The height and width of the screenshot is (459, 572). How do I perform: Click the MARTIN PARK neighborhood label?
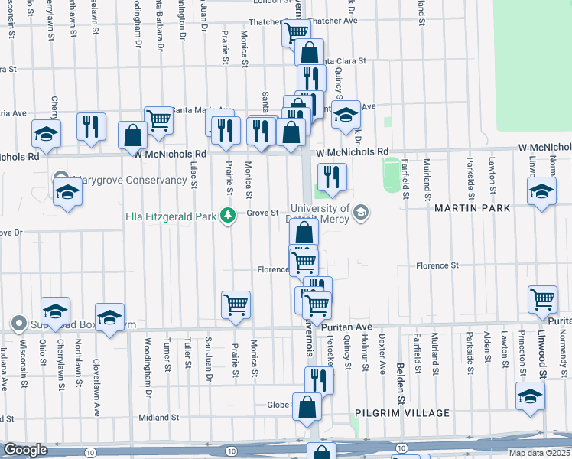click(x=466, y=208)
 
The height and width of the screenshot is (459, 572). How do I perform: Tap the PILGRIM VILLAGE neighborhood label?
click(x=402, y=413)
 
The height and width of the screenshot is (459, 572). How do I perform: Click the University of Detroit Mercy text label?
click(x=320, y=213)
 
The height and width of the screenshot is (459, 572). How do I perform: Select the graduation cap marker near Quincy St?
click(x=346, y=114)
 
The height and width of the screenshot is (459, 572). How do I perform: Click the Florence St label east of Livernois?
click(x=437, y=265)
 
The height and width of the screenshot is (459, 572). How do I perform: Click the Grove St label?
click(x=262, y=213)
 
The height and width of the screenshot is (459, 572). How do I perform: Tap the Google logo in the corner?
click(x=25, y=450)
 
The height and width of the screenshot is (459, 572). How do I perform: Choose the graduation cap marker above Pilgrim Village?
click(x=530, y=395)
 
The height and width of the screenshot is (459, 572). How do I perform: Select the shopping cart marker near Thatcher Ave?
click(x=295, y=31)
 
